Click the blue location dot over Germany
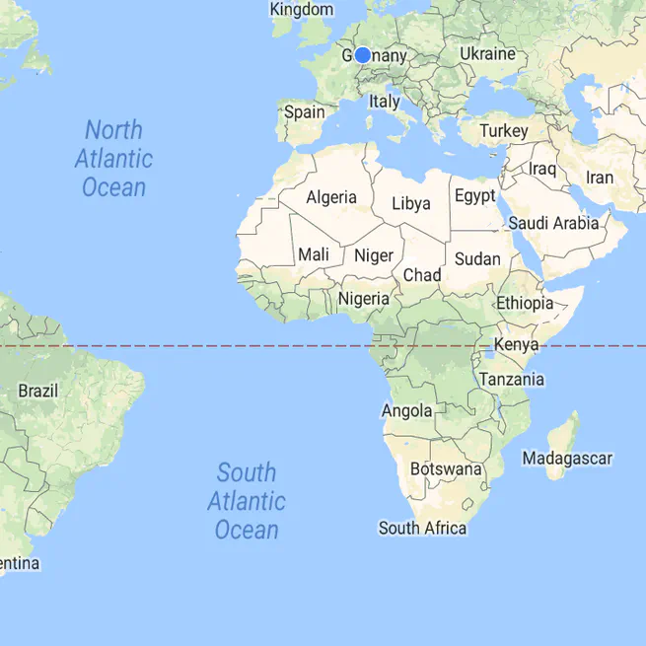pos(362,55)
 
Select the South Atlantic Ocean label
pos(247,501)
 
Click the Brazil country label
pos(37,391)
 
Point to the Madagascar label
pos(567,459)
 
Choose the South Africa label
pos(422,529)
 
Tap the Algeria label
pos(331,197)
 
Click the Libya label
pos(411,204)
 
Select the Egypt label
pos(475,196)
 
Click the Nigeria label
pos(365,298)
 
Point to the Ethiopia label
pos(525,303)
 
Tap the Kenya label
pos(516,345)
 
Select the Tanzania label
pos(511,379)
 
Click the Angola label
pos(406,410)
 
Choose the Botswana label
pos(446,468)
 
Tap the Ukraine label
pos(487,53)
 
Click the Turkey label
pos(504,130)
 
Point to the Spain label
pos(304,112)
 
